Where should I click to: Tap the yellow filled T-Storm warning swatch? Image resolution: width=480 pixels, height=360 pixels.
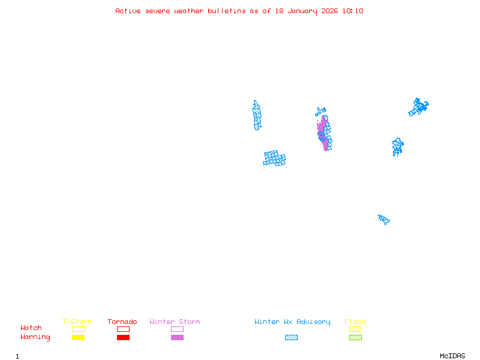coord(78,338)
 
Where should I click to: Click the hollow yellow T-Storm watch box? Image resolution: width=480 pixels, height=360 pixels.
coord(78,329)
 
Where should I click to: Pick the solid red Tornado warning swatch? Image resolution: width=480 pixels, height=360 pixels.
coord(123,338)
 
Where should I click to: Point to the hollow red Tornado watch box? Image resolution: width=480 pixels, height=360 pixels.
coord(123,329)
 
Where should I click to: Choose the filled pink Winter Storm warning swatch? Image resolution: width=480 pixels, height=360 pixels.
coord(177,338)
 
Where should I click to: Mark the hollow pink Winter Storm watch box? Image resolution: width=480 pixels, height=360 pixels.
coord(177,329)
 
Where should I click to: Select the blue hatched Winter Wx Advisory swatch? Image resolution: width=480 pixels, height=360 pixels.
coord(291,338)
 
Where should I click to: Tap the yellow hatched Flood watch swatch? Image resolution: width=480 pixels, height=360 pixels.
coord(355,329)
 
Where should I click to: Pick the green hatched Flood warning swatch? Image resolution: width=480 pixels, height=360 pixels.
coord(355,338)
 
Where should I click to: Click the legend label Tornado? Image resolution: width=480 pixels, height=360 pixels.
coord(122,322)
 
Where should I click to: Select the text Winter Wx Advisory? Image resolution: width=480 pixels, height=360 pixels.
coord(292,322)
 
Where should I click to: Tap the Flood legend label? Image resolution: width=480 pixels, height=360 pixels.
coord(355,322)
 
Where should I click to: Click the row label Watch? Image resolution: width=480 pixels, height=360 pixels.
coord(31,328)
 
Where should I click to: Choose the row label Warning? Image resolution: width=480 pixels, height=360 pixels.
coord(35,337)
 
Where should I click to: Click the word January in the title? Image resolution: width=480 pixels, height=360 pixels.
coord(301,11)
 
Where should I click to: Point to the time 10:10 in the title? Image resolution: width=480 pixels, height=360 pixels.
coord(353,11)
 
